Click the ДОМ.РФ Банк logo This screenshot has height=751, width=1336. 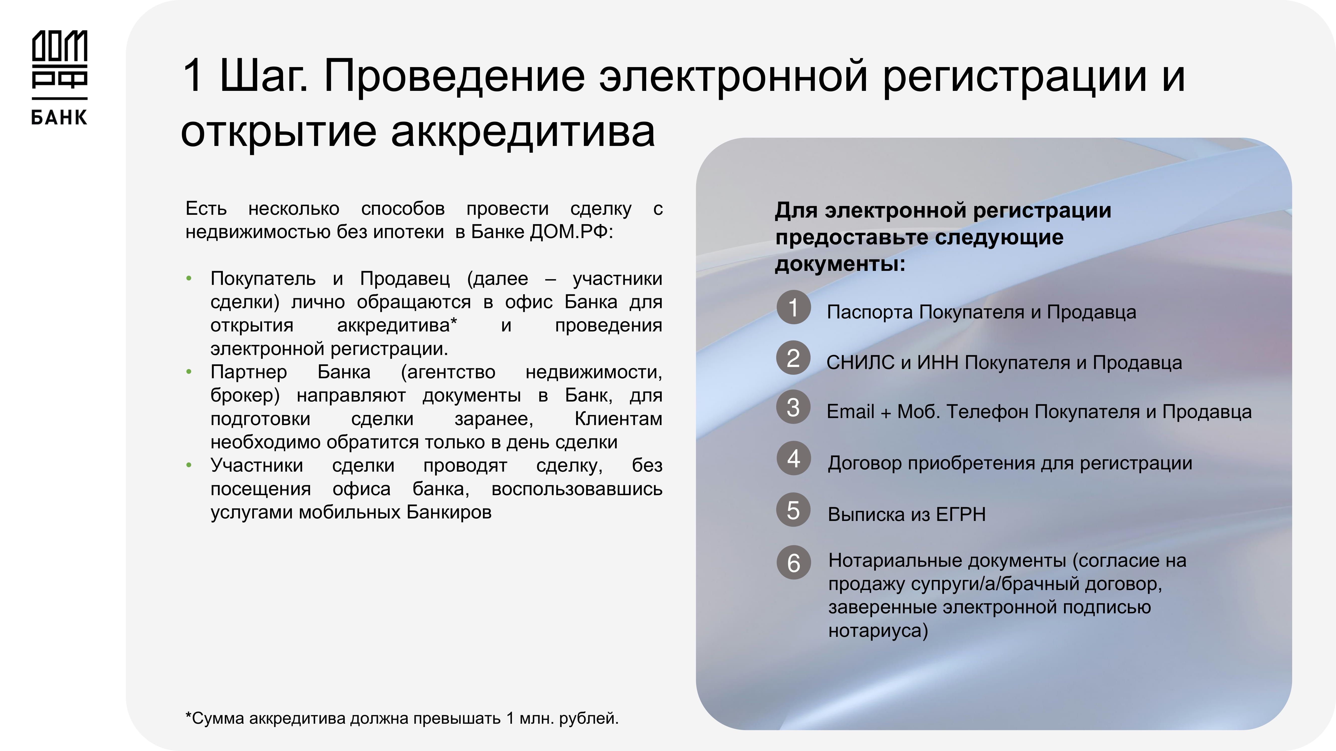tap(60, 78)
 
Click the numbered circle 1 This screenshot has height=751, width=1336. tap(793, 307)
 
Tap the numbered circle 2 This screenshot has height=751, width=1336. tap(793, 358)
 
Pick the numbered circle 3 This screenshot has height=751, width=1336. tap(793, 407)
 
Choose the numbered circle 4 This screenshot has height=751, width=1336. tap(793, 458)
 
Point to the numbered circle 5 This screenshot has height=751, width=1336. tap(793, 509)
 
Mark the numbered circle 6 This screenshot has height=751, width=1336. tap(793, 562)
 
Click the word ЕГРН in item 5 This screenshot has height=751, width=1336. tap(961, 514)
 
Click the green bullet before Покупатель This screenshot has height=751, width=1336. tap(189, 279)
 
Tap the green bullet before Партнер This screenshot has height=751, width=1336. tap(189, 371)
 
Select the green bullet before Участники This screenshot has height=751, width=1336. tap(189, 465)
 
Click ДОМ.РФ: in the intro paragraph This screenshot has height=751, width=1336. tap(572, 232)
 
